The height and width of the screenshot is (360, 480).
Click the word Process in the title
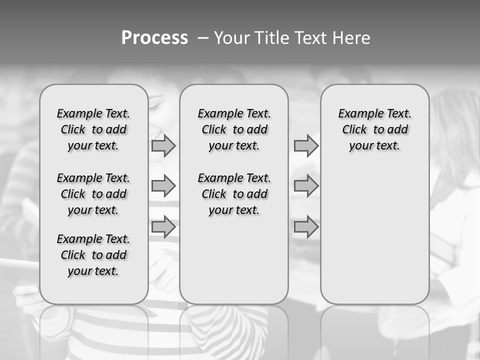tap(154, 38)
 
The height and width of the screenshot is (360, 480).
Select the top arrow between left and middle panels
tap(163, 146)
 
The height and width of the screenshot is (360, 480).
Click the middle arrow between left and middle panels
tap(163, 186)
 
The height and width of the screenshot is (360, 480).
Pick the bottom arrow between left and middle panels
tap(163, 227)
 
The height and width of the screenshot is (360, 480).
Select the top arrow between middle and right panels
tap(306, 146)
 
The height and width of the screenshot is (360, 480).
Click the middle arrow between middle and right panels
tap(306, 186)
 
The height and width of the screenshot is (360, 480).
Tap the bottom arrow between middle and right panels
tap(306, 227)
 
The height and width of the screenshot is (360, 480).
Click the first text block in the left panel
tap(93, 129)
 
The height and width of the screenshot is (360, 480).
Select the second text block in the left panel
tap(93, 194)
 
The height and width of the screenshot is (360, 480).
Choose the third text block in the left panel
tap(93, 255)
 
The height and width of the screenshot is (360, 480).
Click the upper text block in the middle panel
tap(234, 129)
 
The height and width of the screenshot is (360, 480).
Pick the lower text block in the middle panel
tap(234, 194)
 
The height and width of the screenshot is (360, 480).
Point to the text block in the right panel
tap(374, 129)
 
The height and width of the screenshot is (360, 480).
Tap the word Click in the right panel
tap(354, 130)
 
